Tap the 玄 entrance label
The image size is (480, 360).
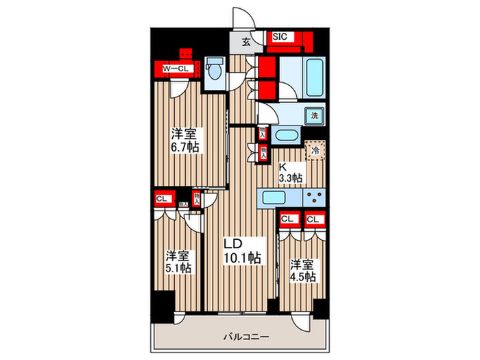(x=245, y=41)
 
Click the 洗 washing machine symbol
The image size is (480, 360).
(x=314, y=117)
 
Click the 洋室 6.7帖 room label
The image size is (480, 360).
(x=184, y=140)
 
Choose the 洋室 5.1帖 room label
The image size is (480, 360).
(x=178, y=261)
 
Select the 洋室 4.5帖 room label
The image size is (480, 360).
(x=301, y=269)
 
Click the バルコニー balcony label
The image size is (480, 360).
(x=245, y=337)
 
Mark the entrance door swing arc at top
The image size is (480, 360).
(x=243, y=17)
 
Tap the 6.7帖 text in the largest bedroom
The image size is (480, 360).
(x=186, y=147)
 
